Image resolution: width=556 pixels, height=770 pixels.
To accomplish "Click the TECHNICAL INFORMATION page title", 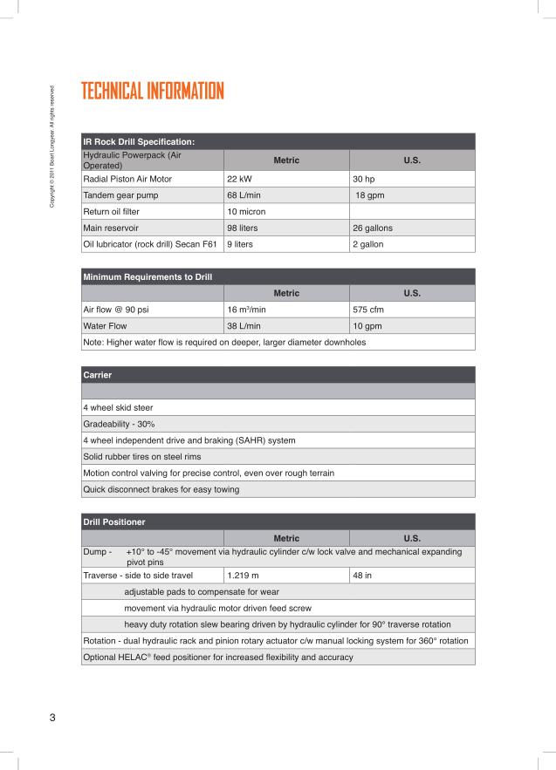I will point(152,92).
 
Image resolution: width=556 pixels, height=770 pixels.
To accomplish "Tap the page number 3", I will point(52,718).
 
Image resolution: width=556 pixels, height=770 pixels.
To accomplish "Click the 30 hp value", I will point(364,178).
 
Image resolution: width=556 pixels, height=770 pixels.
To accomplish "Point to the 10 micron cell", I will point(247,211).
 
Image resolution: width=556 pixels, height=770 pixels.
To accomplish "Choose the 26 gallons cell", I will point(372,228).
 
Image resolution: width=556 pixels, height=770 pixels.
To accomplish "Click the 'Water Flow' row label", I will point(105,326).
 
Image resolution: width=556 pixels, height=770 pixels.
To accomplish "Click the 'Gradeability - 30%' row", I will point(124,423).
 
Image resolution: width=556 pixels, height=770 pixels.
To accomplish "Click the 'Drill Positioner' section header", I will point(113,521).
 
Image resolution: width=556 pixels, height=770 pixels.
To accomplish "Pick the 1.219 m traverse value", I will point(243,576).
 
